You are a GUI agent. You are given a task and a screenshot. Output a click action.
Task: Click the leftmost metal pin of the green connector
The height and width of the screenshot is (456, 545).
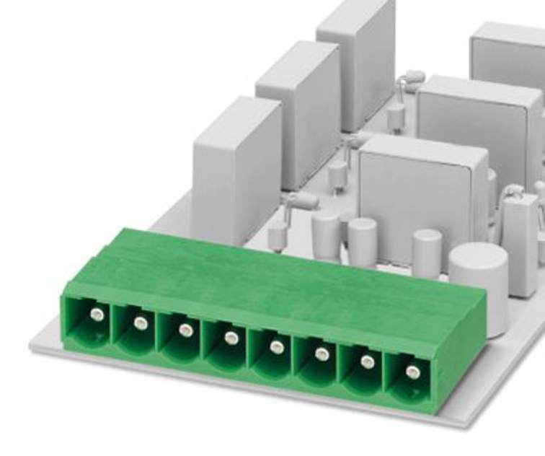[x=96, y=313]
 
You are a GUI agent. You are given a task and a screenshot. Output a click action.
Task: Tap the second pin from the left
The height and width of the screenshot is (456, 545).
[x=141, y=323]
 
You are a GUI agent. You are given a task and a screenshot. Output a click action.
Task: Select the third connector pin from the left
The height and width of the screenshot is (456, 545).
[x=186, y=330]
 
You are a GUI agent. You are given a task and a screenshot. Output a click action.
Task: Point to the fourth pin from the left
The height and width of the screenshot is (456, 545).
[x=231, y=338]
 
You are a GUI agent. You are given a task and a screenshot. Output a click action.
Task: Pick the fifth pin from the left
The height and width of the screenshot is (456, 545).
[x=277, y=346]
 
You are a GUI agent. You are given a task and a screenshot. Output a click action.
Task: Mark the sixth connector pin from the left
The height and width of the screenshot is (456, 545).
[x=322, y=354]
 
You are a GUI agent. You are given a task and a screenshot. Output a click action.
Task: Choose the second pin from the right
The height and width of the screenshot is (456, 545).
[x=367, y=362]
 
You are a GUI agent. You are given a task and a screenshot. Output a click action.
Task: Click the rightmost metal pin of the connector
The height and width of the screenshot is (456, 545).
[x=412, y=372]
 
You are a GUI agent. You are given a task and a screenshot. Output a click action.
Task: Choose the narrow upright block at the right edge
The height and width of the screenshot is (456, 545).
[x=520, y=234]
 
